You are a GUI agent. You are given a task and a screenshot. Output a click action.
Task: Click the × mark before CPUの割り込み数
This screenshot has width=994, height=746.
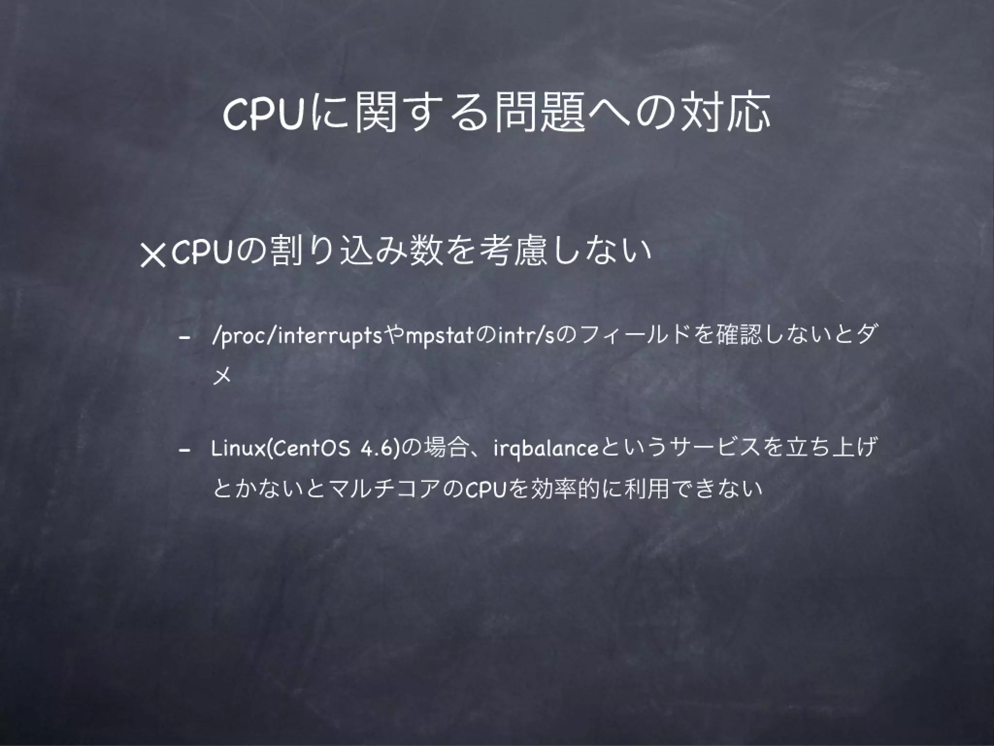point(153,254)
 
